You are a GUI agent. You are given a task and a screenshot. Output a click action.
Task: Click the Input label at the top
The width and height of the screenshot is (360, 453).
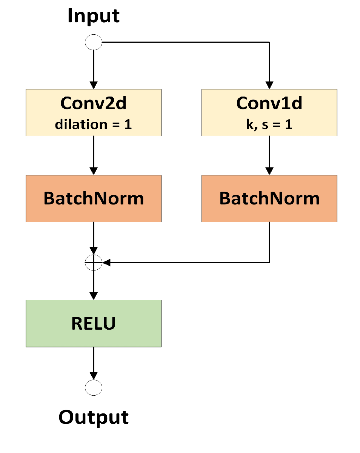pos(93,16)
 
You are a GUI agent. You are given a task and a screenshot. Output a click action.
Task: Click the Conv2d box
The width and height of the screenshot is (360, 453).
pos(93,112)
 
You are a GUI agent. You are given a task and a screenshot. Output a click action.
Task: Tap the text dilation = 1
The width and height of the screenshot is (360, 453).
pos(93,124)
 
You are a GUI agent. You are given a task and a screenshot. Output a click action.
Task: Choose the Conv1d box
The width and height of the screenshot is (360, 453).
pos(269,112)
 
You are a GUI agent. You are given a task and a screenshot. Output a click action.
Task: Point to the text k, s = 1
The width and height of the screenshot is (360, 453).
pos(269,124)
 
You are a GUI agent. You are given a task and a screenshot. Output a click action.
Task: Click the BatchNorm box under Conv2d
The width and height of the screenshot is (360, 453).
pos(93,198)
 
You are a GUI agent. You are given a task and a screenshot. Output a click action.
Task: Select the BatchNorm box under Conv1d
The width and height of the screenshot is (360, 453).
pos(269,198)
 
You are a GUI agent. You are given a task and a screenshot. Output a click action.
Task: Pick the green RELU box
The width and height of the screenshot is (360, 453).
pos(93,324)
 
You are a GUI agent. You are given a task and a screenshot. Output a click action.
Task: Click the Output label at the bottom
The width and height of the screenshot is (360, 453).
pos(93,417)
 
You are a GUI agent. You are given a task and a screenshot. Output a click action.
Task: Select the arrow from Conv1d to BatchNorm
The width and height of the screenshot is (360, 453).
pos(269,155)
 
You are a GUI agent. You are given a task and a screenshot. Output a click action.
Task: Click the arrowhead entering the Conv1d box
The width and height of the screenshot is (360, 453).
pos(269,85)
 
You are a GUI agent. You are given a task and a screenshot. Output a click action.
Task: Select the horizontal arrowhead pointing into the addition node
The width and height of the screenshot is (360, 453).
pos(106,263)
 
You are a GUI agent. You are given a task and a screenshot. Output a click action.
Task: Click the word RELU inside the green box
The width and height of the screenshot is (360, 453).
pos(93,324)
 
